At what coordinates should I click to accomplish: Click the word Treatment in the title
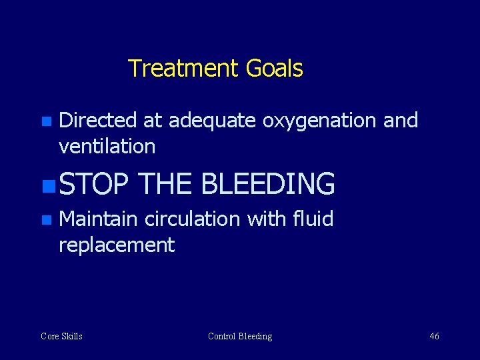pos(183,68)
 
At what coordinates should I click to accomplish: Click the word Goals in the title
pos(274,68)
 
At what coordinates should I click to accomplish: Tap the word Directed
pos(98,121)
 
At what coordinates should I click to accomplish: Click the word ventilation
pos(107,146)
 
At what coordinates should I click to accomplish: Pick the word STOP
pos(93,184)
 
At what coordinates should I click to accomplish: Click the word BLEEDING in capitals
pos(267,184)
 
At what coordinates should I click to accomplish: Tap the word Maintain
pos(98,219)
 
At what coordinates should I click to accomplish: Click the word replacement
pos(117,245)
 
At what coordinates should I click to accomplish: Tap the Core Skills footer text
pos(61,336)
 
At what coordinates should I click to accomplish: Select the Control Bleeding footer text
pos(240,336)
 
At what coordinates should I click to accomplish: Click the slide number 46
pos(434,336)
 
